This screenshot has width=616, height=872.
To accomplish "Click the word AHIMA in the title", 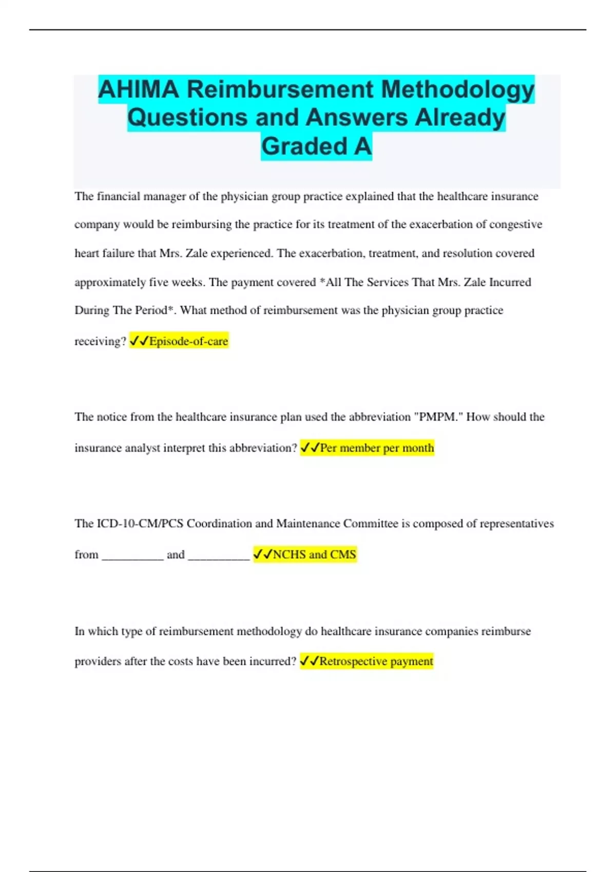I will coord(139,90).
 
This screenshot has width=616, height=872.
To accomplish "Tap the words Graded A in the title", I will coord(316,146).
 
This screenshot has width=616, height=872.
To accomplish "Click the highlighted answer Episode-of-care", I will coord(188,341).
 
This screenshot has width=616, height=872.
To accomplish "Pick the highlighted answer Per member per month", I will coord(377,448).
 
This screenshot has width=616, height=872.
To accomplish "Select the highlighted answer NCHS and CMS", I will coord(314,554).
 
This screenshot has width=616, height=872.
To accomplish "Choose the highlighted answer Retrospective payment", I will coord(376,661).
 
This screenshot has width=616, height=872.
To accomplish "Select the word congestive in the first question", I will coord(515,225).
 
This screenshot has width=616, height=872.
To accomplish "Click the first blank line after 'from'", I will coord(132,557).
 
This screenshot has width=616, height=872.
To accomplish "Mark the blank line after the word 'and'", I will coord(219,557).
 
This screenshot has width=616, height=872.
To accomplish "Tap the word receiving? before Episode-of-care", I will coord(100,342).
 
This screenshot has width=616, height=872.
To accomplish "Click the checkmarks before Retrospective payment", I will coord(309,661).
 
